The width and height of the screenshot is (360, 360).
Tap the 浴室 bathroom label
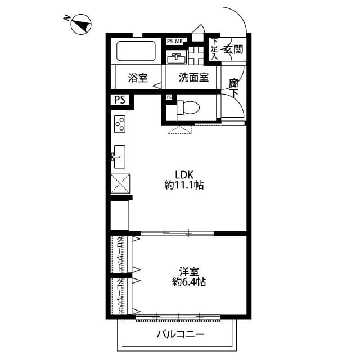tap(138, 78)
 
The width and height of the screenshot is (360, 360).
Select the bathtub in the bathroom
tap(136, 52)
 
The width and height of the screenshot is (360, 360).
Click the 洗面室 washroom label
tap(193, 78)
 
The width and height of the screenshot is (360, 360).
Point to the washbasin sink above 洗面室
tap(177, 58)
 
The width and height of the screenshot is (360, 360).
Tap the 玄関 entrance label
tap(233, 50)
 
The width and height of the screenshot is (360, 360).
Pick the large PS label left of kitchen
tap(120, 100)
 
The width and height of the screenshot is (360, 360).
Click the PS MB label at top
tap(175, 41)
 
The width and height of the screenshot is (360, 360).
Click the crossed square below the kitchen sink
tap(120, 183)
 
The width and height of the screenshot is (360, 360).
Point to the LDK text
tap(184, 173)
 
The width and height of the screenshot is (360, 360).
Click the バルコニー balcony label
tap(180, 335)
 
